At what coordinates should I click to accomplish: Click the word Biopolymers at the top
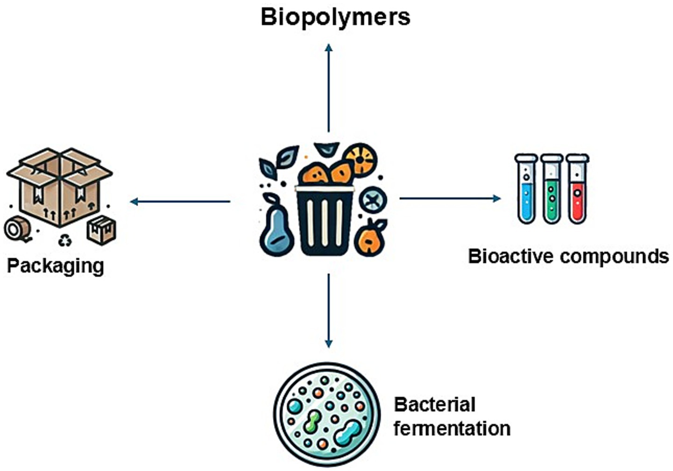[x=335, y=17]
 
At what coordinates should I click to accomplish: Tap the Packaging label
[x=56, y=266]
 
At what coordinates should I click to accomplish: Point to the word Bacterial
[x=434, y=405]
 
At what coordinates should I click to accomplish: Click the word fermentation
[x=452, y=428]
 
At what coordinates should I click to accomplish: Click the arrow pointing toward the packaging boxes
[x=180, y=202]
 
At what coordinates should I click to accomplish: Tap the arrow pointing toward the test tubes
[x=450, y=199]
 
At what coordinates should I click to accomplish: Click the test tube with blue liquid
[x=526, y=189]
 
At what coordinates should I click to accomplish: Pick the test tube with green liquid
[x=552, y=189]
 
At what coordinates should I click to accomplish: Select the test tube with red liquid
[x=577, y=189]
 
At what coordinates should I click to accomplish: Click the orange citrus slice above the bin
[x=360, y=160]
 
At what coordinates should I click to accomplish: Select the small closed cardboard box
[x=102, y=230]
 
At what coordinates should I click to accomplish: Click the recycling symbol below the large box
[x=65, y=241]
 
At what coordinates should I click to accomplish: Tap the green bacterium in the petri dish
[x=312, y=422]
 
